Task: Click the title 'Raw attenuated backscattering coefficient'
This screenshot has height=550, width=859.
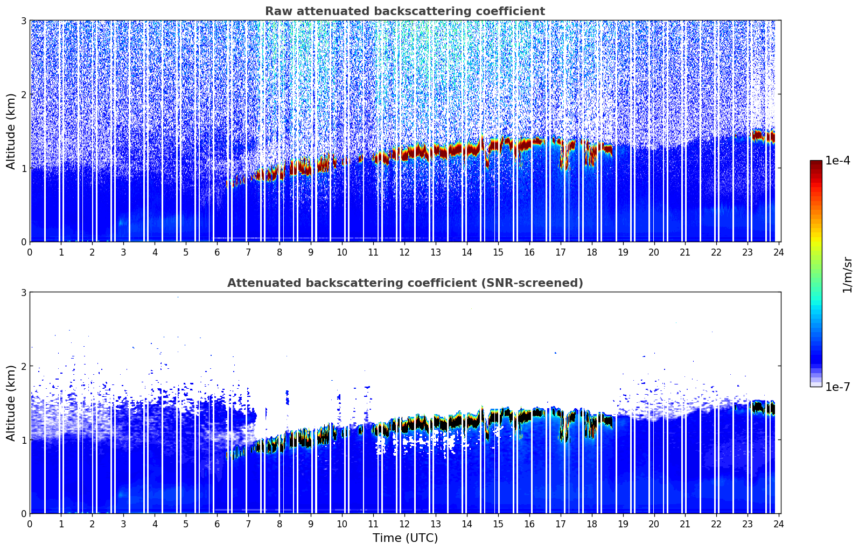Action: pos(404,11)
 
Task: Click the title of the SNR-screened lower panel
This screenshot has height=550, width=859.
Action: pos(404,283)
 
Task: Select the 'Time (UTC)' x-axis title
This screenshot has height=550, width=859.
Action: pos(405,538)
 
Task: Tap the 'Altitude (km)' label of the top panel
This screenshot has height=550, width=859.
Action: pos(11,131)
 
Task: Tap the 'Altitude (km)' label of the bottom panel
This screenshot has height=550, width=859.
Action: pos(11,403)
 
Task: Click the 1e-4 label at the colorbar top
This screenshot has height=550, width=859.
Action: pos(837,161)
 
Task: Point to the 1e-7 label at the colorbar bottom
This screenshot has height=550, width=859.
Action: pos(837,387)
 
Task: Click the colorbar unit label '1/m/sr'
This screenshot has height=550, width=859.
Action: pos(848,274)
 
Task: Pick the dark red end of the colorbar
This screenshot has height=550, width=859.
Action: pos(815,163)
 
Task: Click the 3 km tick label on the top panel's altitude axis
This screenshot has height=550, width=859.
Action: pos(23,20)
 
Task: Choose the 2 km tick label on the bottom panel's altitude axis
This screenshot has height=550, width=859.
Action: pos(23,366)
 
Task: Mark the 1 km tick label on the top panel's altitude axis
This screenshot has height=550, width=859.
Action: pos(23,168)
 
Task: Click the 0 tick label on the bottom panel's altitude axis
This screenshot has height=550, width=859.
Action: pos(23,513)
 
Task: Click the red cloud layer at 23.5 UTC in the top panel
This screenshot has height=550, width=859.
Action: pos(764,136)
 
